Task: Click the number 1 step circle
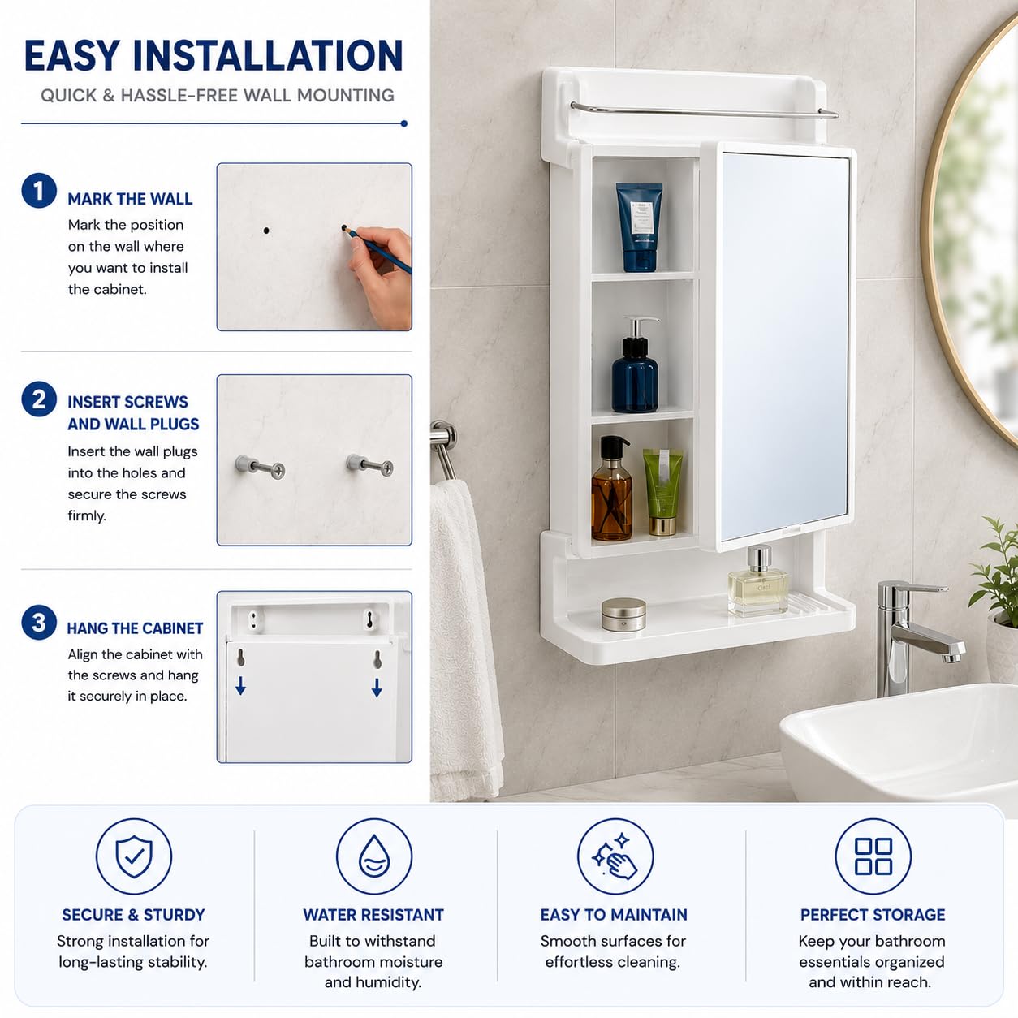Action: [x=39, y=190]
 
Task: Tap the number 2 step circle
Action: [x=39, y=399]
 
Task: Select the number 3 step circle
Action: [x=39, y=623]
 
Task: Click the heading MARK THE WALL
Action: [x=130, y=199]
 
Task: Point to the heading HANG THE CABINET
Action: [x=135, y=628]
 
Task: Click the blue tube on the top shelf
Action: [x=639, y=227]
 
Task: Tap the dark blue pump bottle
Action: [x=635, y=364]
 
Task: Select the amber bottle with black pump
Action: [x=612, y=488]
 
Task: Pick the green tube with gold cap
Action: [x=662, y=492]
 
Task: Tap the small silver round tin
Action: [x=623, y=614]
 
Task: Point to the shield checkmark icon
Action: [x=134, y=856]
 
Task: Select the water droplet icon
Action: [x=374, y=856]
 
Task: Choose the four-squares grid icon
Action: [x=873, y=856]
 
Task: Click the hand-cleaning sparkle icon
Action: [x=615, y=856]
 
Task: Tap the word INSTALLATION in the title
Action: [x=268, y=55]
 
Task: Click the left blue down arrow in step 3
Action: [x=240, y=685]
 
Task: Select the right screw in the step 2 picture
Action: [x=370, y=465]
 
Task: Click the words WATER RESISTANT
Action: [x=373, y=914]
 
